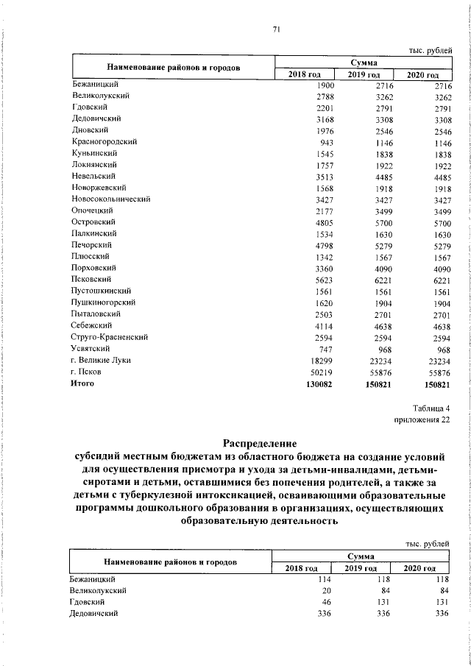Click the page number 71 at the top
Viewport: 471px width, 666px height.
click(x=277, y=29)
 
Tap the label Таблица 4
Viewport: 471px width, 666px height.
click(x=428, y=407)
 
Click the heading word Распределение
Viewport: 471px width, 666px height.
click(x=258, y=443)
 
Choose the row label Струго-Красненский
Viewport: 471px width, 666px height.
click(x=110, y=337)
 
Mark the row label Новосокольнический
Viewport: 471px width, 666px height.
click(x=111, y=199)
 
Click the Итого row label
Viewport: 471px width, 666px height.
click(x=82, y=384)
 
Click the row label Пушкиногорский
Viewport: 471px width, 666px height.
click(x=105, y=302)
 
